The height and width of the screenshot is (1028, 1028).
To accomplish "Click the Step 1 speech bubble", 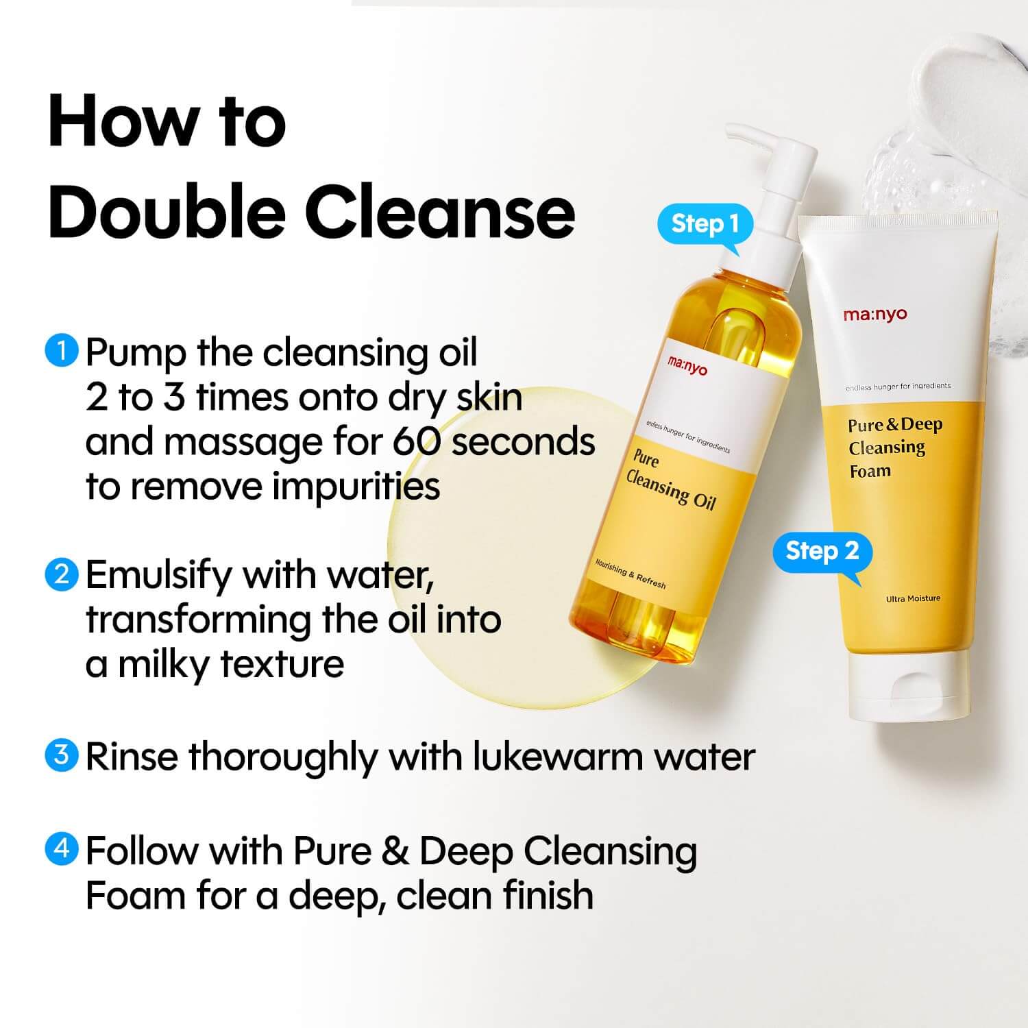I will [705, 224].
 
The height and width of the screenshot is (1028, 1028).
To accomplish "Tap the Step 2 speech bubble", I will [822, 552].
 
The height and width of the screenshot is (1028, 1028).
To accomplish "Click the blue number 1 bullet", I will [62, 351].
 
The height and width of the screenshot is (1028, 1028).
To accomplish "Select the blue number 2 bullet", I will [62, 574].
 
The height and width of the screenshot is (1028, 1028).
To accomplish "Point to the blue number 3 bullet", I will [62, 755].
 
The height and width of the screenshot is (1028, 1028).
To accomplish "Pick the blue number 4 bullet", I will [62, 849].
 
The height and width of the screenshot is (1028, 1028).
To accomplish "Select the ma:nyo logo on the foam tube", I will [875, 315].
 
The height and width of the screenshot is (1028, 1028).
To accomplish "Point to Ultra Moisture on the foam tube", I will [913, 599].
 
